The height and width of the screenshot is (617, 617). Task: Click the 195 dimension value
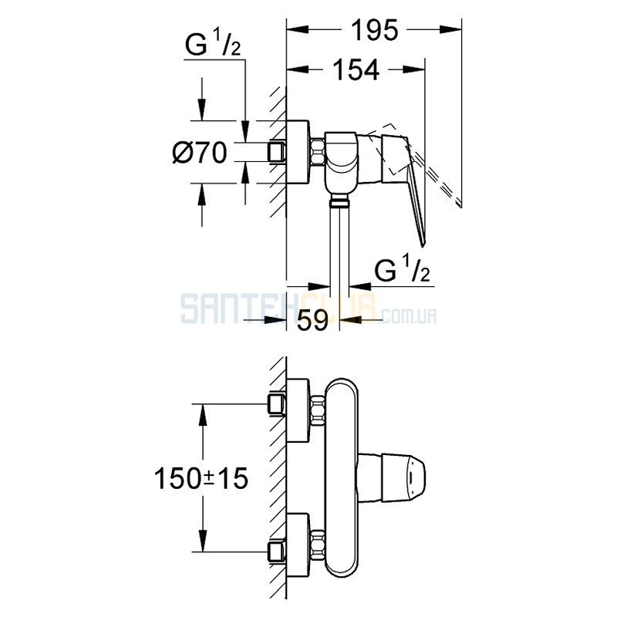(374, 30)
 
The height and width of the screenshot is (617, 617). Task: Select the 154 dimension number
(356, 70)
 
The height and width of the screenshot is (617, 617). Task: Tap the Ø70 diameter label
(200, 153)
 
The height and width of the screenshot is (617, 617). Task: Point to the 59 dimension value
(312, 320)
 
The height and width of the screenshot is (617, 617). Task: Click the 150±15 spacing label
(201, 478)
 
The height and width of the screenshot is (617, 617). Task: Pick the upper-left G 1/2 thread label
(213, 45)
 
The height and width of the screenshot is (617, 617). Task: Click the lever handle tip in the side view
(423, 244)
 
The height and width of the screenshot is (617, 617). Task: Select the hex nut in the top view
(318, 151)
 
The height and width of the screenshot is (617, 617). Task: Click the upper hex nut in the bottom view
(318, 411)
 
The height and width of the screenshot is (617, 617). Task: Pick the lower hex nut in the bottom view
(318, 545)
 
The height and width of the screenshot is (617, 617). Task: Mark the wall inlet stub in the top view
(277, 152)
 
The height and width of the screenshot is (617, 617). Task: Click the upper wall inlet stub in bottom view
(277, 403)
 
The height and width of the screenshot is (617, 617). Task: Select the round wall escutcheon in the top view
(298, 152)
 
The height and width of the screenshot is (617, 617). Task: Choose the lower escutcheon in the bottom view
(298, 545)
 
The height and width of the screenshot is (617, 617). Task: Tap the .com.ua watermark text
(409, 315)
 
